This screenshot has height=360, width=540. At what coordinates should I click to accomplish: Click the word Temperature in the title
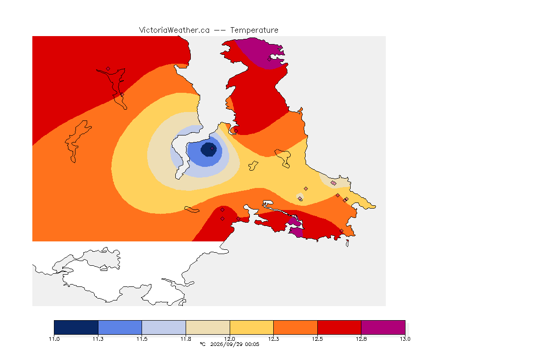click(254, 30)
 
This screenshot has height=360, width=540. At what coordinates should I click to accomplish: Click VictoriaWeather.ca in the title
click(174, 30)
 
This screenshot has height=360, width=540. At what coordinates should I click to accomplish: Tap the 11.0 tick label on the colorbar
click(54, 339)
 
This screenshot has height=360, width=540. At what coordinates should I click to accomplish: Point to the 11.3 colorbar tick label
click(98, 339)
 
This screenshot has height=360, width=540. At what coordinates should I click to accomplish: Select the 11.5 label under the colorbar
click(142, 339)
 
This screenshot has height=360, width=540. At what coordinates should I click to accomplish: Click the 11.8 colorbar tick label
click(186, 339)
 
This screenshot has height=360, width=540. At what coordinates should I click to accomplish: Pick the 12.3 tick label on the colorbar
click(273, 339)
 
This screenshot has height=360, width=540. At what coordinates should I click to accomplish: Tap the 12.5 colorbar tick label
click(317, 339)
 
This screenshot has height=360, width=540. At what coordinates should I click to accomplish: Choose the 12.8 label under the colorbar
click(361, 339)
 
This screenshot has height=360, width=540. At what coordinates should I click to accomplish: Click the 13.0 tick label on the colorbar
click(405, 339)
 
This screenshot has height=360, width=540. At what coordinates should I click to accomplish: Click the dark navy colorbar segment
click(76, 327)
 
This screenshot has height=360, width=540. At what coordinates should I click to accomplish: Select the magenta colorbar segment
click(383, 327)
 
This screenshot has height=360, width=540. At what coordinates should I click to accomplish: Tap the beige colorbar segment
click(208, 327)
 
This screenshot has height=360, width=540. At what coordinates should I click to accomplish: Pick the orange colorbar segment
click(295, 327)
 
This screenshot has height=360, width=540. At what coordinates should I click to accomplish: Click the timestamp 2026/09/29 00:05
click(234, 344)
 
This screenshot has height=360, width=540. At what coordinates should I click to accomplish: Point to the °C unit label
click(202, 344)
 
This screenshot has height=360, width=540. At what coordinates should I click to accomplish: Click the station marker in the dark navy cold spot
click(212, 149)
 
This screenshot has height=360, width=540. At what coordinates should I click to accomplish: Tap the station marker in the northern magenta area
click(270, 59)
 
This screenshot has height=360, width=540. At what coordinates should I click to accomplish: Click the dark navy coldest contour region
click(209, 150)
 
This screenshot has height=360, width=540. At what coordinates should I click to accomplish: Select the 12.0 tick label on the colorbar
click(230, 339)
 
